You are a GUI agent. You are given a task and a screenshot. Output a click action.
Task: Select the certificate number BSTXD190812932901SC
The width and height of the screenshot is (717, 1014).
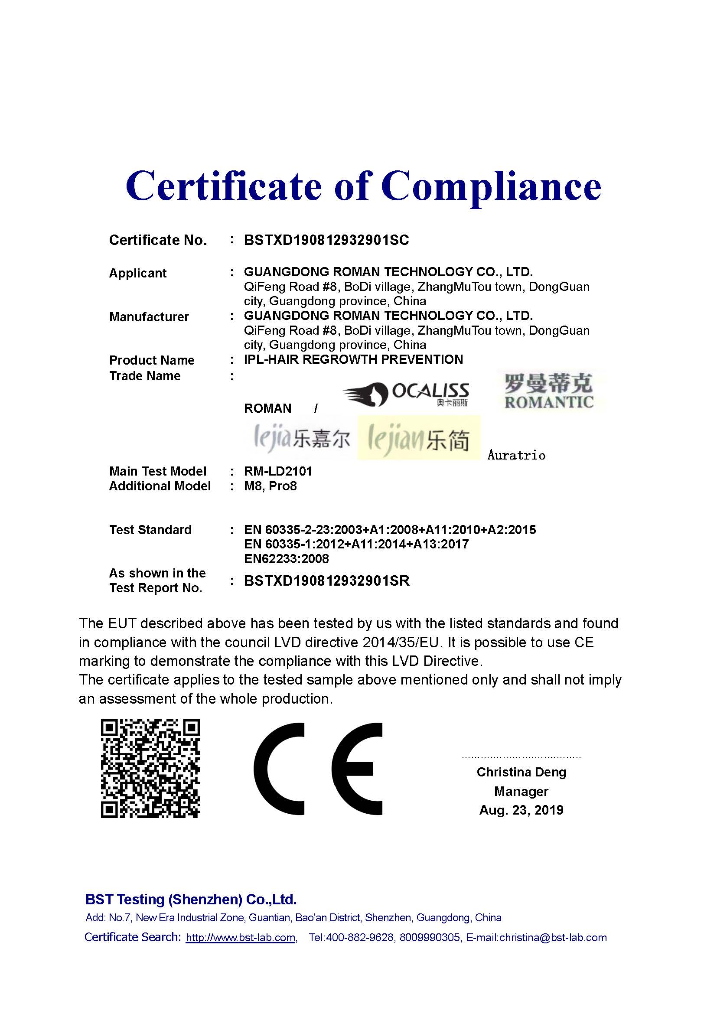pyautogui.click(x=326, y=240)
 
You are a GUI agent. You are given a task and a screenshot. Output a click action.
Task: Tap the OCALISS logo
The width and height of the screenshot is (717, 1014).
pyautogui.click(x=406, y=394)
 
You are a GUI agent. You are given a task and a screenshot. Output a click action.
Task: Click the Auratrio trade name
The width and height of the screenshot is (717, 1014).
pyautogui.click(x=516, y=455)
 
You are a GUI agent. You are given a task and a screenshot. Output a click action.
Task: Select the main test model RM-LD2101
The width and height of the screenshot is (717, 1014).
pyautogui.click(x=278, y=471)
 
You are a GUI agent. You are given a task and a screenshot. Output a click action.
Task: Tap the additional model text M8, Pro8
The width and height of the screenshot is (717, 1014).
pyautogui.click(x=270, y=486)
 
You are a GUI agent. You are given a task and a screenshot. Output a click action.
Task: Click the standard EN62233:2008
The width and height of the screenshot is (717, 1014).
pyautogui.click(x=286, y=559)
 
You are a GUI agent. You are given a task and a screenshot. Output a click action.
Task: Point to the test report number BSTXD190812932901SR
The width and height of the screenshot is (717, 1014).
pyautogui.click(x=327, y=581)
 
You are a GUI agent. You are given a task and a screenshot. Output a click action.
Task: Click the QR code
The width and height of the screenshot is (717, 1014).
pyautogui.click(x=150, y=769)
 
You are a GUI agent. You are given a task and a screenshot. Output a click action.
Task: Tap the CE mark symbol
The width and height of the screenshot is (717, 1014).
pyautogui.click(x=318, y=769)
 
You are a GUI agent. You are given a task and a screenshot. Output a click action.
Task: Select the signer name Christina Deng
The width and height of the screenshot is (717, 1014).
pyautogui.click(x=521, y=772)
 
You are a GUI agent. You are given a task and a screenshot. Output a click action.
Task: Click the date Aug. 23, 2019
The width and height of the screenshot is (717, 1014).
pyautogui.click(x=521, y=810)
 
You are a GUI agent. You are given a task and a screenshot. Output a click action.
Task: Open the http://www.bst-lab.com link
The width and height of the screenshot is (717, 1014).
pyautogui.click(x=241, y=938)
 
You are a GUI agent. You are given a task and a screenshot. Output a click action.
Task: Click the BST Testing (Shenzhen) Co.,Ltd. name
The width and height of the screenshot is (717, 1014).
pyautogui.click(x=191, y=900)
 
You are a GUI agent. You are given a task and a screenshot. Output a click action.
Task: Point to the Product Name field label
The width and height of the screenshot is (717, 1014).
pyautogui.click(x=151, y=360)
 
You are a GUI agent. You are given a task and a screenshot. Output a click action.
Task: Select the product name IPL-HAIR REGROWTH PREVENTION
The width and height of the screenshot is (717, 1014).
pyautogui.click(x=353, y=359)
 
